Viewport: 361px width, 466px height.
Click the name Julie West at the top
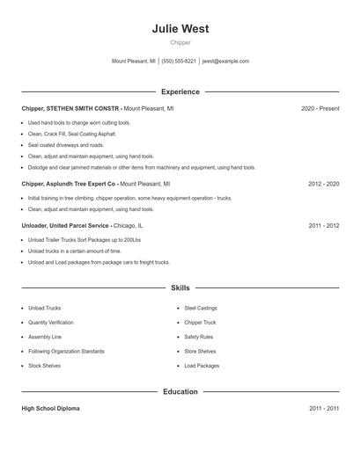180,28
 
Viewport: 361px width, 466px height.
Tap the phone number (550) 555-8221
179,62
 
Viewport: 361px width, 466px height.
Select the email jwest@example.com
225,62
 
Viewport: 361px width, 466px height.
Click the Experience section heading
180,91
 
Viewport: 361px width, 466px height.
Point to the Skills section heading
180,288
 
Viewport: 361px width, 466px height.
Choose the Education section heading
180,391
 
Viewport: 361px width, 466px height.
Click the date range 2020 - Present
320,108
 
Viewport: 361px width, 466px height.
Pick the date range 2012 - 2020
323,184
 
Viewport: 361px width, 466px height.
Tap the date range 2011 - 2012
323,225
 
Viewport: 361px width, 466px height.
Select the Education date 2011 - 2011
323,409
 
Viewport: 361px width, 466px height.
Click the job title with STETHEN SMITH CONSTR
70,108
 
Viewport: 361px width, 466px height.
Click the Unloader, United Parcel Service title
65,225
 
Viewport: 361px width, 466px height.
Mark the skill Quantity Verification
51,323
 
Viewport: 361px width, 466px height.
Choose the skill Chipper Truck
202,323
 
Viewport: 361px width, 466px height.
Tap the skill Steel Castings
201,309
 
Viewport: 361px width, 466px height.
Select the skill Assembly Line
44,337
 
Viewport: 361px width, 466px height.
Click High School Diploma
52,409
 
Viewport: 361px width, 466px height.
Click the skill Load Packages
202,365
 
